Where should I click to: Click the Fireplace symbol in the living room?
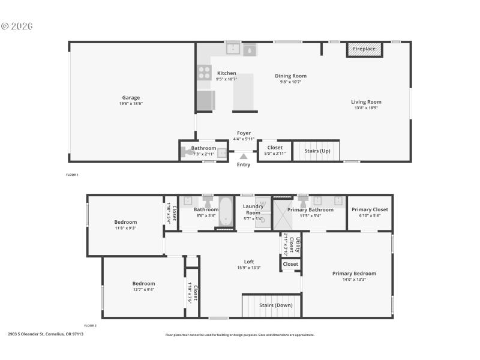point(364,50)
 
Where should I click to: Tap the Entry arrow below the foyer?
point(244,157)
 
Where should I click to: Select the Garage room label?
point(131,98)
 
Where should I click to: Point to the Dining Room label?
point(290,76)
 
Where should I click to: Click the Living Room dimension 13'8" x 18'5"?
point(366,109)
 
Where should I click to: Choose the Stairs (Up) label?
point(317,151)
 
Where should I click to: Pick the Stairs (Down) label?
point(275,305)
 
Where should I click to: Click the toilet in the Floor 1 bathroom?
point(190,154)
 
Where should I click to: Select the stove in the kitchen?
point(205,73)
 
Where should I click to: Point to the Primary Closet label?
point(370,209)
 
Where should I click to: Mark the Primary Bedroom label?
point(354,274)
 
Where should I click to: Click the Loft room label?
point(249,261)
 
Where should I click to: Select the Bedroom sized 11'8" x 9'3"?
point(125,222)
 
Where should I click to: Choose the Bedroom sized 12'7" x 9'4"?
point(143,284)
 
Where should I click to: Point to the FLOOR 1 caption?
point(72,175)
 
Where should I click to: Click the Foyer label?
point(244,133)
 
